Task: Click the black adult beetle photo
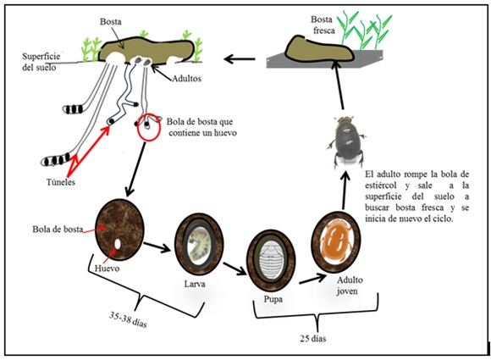[346, 141]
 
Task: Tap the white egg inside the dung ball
[118, 244]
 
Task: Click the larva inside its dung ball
[199, 245]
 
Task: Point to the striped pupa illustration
[271, 260]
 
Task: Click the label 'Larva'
[195, 284]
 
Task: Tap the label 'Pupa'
[273, 300]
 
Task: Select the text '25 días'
[313, 339]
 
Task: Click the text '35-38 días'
[128, 319]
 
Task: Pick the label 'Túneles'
[61, 182]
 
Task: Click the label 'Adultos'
[186, 78]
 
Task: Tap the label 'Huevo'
[108, 269]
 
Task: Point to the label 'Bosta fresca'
[323, 25]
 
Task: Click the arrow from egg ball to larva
[157, 246]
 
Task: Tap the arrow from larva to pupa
[235, 269]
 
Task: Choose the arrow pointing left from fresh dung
[240, 58]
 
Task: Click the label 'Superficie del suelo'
[41, 62]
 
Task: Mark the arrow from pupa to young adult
[313, 278]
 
